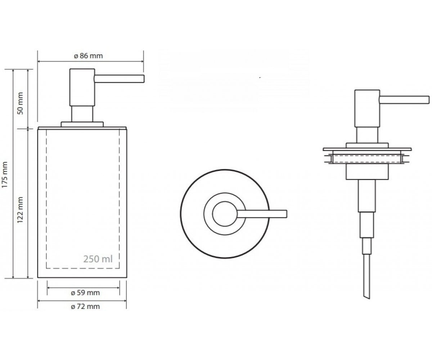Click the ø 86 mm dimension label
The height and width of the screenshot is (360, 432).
point(88,56)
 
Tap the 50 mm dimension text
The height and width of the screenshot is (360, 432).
point(20,103)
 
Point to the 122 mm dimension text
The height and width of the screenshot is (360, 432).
point(20,210)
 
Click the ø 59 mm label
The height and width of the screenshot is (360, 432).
point(85,293)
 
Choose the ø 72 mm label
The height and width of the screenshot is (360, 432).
point(85,306)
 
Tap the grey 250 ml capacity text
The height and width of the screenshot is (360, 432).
point(98,259)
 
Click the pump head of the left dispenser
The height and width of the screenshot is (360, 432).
point(82,87)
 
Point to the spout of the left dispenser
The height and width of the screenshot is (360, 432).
point(119,79)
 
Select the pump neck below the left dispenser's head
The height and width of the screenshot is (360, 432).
point(82,114)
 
